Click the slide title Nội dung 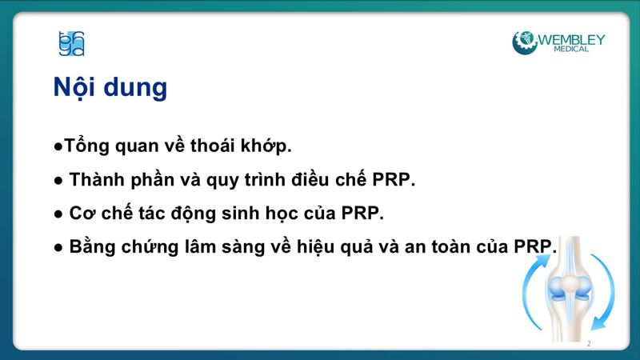(110, 87)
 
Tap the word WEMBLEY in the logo (571, 39)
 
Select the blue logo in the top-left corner (71, 43)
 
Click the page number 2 (589, 343)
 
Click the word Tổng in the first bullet (84, 147)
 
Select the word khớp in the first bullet (264, 147)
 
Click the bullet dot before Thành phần (58, 181)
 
